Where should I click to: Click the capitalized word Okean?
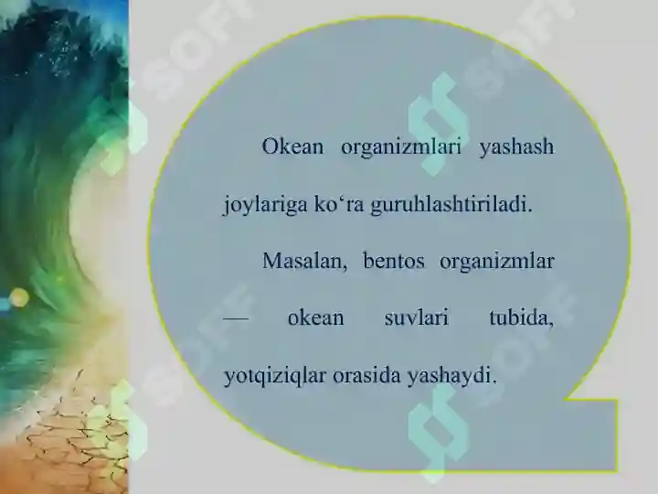tap(292, 147)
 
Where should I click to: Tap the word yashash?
tap(516, 147)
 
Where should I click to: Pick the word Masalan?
tap(304, 262)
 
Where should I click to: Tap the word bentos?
tap(394, 262)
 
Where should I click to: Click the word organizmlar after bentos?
tap(497, 262)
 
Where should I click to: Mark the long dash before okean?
tap(236, 318)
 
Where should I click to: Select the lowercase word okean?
tap(315, 318)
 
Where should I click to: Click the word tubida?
tap(521, 318)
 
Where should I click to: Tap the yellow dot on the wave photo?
tap(19, 296)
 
